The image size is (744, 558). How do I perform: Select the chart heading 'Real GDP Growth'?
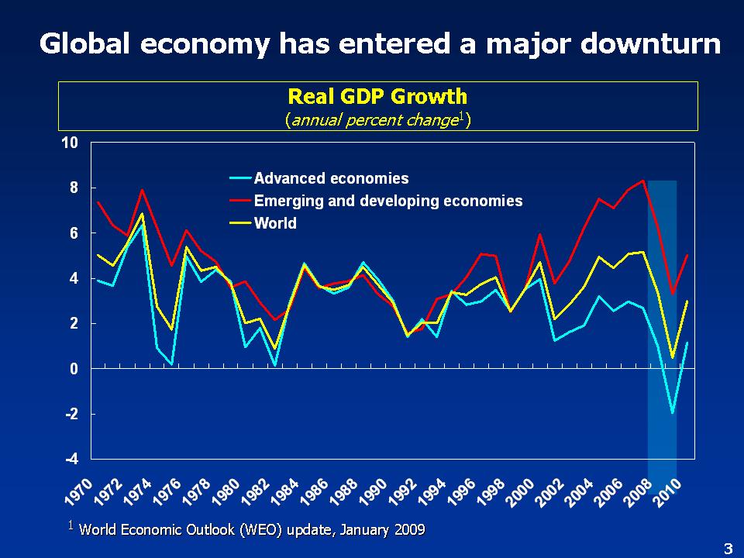coord(377,96)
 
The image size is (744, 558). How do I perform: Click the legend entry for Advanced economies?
coord(331,178)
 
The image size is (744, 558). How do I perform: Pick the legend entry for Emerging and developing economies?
coord(388,201)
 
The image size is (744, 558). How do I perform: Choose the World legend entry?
coord(275,223)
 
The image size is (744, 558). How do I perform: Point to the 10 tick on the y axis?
coord(71,143)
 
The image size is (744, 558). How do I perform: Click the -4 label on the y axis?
coord(71,459)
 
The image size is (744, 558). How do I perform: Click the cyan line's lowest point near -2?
coord(673,413)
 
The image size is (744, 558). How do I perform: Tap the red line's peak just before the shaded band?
coord(643,181)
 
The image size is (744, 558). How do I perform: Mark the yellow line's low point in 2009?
coord(673,358)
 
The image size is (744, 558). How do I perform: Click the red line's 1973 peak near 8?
coord(142,190)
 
